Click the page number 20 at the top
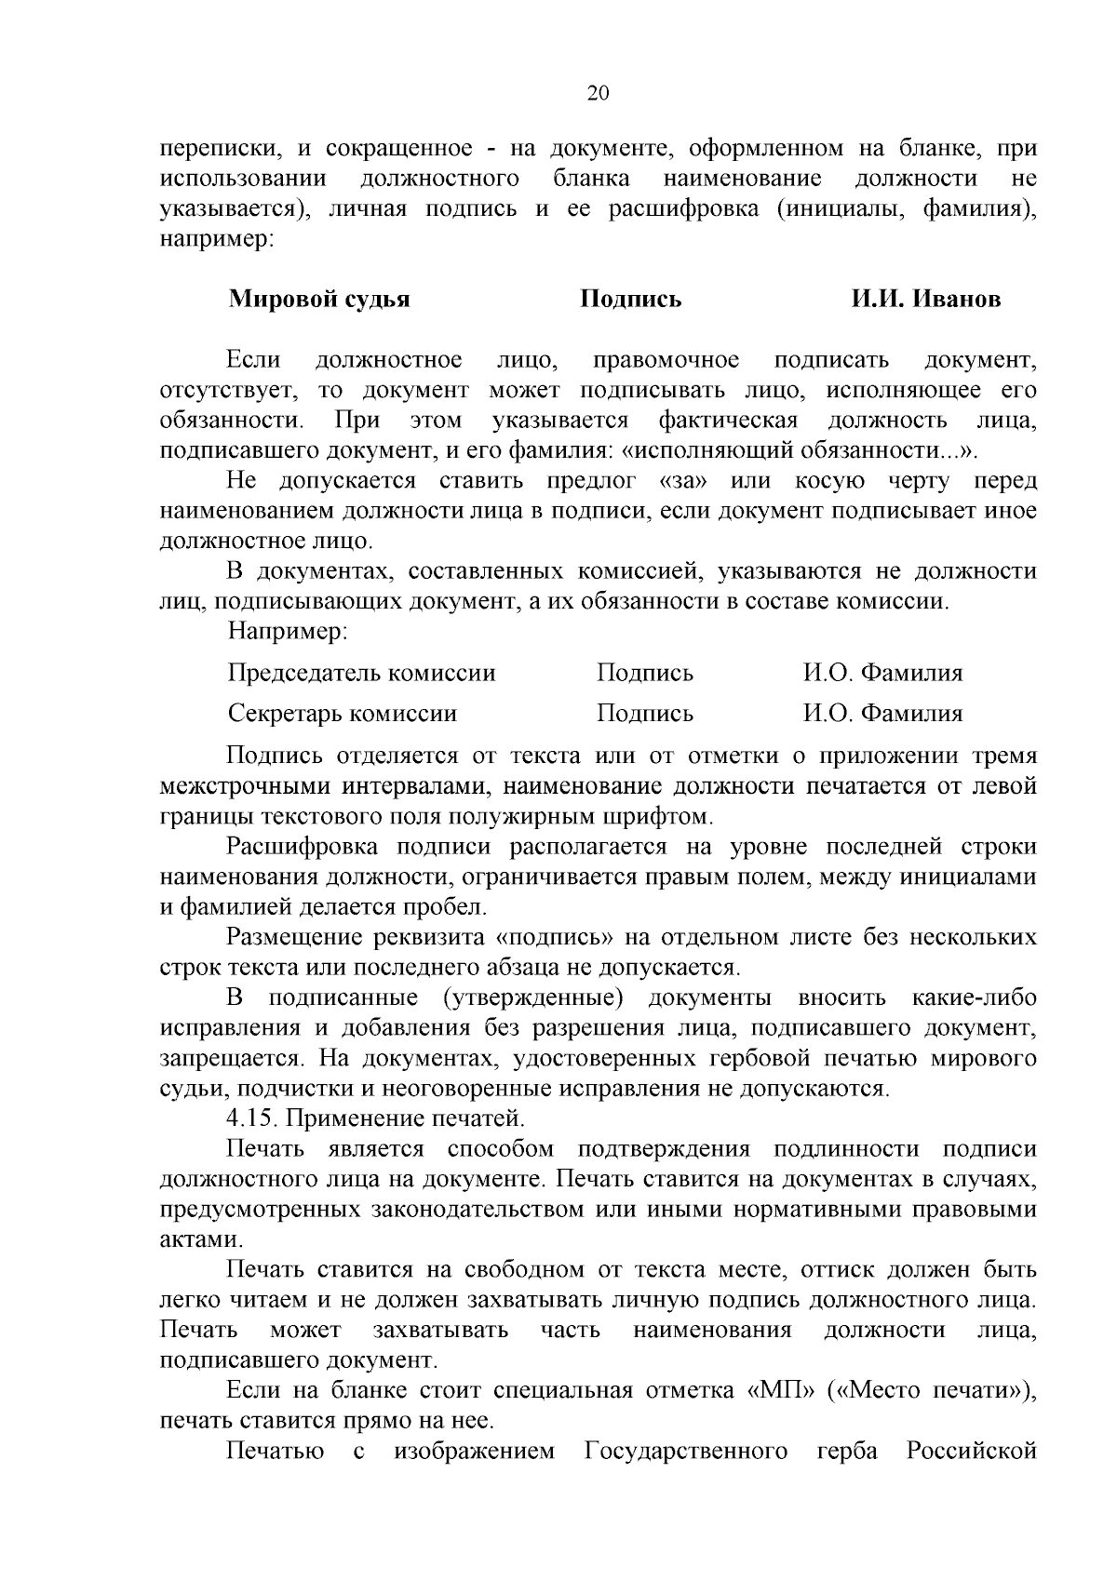pos(598,92)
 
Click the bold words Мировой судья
pos(319,299)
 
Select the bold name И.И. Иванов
pos(925,299)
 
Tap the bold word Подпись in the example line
pos(631,299)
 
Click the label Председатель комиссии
pos(361,673)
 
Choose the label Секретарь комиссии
pos(343,714)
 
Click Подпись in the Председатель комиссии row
pos(644,673)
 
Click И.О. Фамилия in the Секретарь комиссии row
pos(882,714)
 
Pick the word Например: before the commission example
pos(288,632)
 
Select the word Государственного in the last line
pos(686,1452)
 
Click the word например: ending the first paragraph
pos(216,238)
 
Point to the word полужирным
pos(547,818)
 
